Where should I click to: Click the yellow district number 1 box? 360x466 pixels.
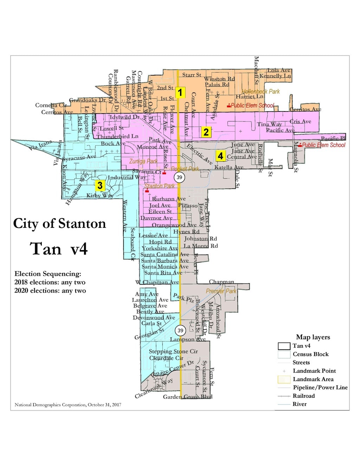click(180, 93)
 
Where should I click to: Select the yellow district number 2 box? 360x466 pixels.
click(206, 132)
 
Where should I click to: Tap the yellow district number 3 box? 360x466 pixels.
click(100, 185)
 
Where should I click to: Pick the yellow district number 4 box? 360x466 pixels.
click(220, 156)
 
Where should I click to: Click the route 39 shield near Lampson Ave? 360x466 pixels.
click(180, 330)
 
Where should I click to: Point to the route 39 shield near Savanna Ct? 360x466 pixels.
click(179, 177)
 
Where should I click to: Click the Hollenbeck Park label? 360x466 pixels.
click(261, 91)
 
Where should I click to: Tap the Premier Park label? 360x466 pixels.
click(221, 291)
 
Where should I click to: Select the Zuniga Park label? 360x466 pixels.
click(143, 161)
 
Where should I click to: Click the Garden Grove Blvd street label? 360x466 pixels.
click(188, 397)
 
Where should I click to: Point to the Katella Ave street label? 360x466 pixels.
click(229, 167)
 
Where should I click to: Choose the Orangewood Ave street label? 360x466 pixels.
click(174, 225)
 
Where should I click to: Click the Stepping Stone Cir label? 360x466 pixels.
click(173, 351)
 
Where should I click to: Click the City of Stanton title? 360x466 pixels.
click(59, 224)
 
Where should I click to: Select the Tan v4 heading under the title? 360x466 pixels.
click(59, 249)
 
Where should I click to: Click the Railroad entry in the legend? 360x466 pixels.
click(303, 396)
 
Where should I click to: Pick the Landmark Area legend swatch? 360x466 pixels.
click(284, 379)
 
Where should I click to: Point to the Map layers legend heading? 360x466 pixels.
click(313, 337)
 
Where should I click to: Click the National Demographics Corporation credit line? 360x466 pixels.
click(68, 405)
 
